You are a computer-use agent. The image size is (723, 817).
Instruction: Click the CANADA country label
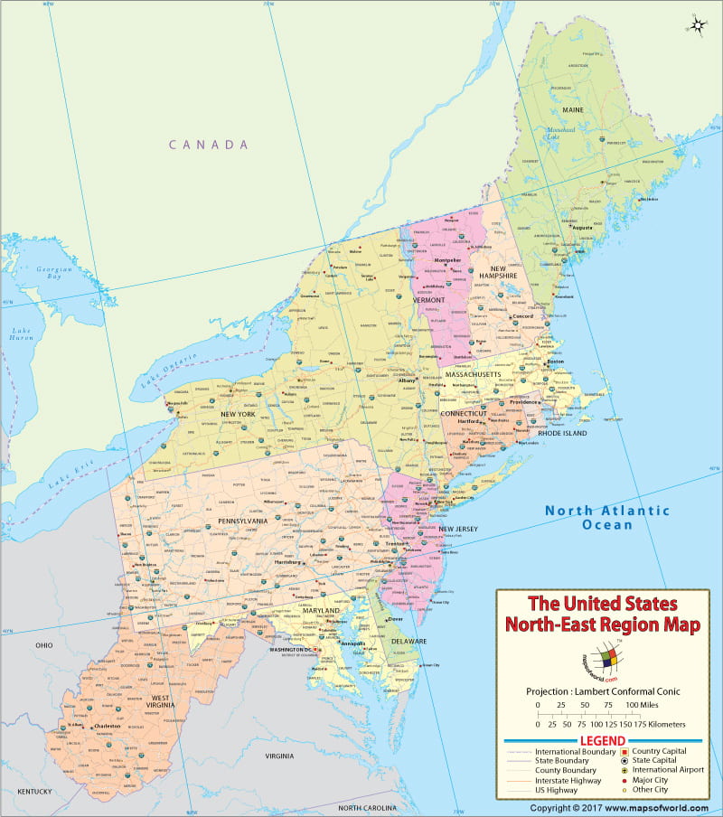[x=208, y=145]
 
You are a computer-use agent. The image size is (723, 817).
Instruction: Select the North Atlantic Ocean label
[x=606, y=518]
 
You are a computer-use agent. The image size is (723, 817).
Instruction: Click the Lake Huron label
[x=22, y=337]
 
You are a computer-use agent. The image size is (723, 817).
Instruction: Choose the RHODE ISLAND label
[x=562, y=433]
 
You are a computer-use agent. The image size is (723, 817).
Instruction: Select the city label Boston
[x=556, y=362]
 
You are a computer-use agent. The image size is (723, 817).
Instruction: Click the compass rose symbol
[x=698, y=24]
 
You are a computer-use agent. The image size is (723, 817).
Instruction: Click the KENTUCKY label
[x=35, y=791]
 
